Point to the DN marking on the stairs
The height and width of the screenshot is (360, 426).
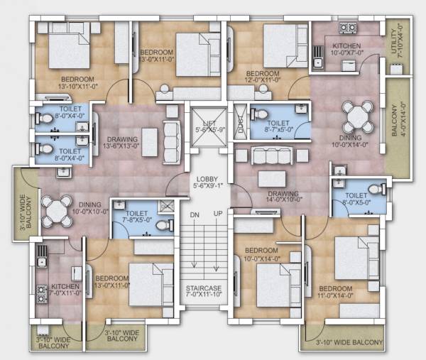point(192,214)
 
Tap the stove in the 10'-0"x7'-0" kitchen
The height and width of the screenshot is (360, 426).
point(347,28)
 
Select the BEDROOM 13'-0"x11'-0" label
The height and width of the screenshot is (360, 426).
point(111,282)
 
